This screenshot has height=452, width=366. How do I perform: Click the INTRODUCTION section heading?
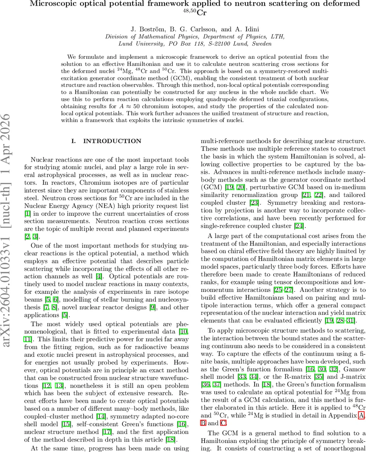pos(112,141)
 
